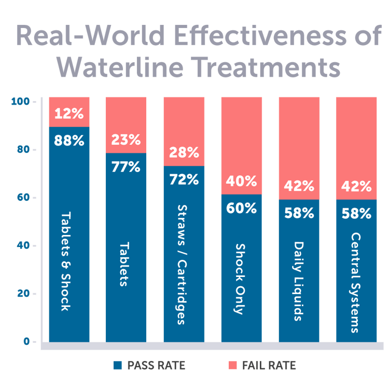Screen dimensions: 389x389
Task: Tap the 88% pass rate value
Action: click(x=69, y=141)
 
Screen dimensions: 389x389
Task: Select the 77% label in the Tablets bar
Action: click(x=126, y=167)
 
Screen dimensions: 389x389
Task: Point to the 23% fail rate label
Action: click(x=126, y=140)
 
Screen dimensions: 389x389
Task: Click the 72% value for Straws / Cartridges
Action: click(x=184, y=180)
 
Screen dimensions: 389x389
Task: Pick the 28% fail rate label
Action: click(x=184, y=153)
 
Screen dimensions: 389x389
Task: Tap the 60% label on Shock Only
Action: click(x=242, y=209)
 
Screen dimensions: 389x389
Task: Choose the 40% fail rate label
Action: click(x=242, y=182)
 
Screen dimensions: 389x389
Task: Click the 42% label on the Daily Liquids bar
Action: click(x=299, y=186)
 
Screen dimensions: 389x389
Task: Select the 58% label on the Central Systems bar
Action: click(x=356, y=213)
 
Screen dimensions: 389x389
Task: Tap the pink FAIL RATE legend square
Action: click(x=233, y=366)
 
